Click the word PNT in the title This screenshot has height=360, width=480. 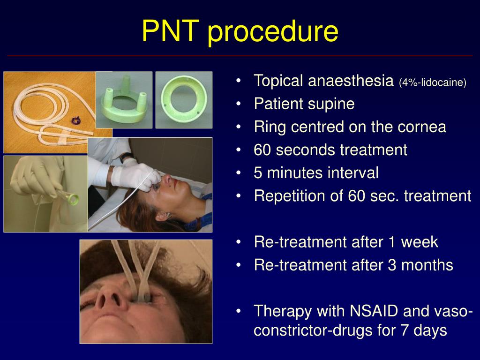(x=171, y=31)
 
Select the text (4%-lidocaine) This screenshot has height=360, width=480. (x=433, y=83)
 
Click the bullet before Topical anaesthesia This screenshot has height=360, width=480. (x=239, y=81)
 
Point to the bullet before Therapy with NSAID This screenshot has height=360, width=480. (x=239, y=311)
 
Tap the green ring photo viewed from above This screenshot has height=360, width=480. (x=183, y=100)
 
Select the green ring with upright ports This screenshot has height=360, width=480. (x=124, y=100)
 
